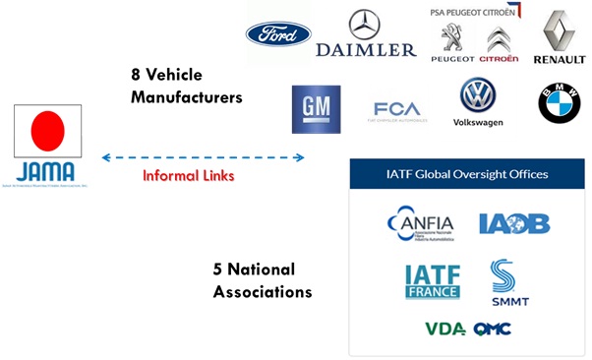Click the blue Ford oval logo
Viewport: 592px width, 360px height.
[278, 34]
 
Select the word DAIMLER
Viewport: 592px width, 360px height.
[367, 49]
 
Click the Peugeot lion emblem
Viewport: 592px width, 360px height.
[452, 38]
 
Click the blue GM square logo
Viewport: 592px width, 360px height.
[316, 108]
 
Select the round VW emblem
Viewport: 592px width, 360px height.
[478, 95]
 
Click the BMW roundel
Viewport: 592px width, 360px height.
[559, 103]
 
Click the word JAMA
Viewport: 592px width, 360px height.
[45, 168]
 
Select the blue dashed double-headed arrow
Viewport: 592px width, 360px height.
[203, 157]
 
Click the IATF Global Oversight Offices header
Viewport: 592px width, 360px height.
[467, 174]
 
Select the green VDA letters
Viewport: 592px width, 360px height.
[444, 329]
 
